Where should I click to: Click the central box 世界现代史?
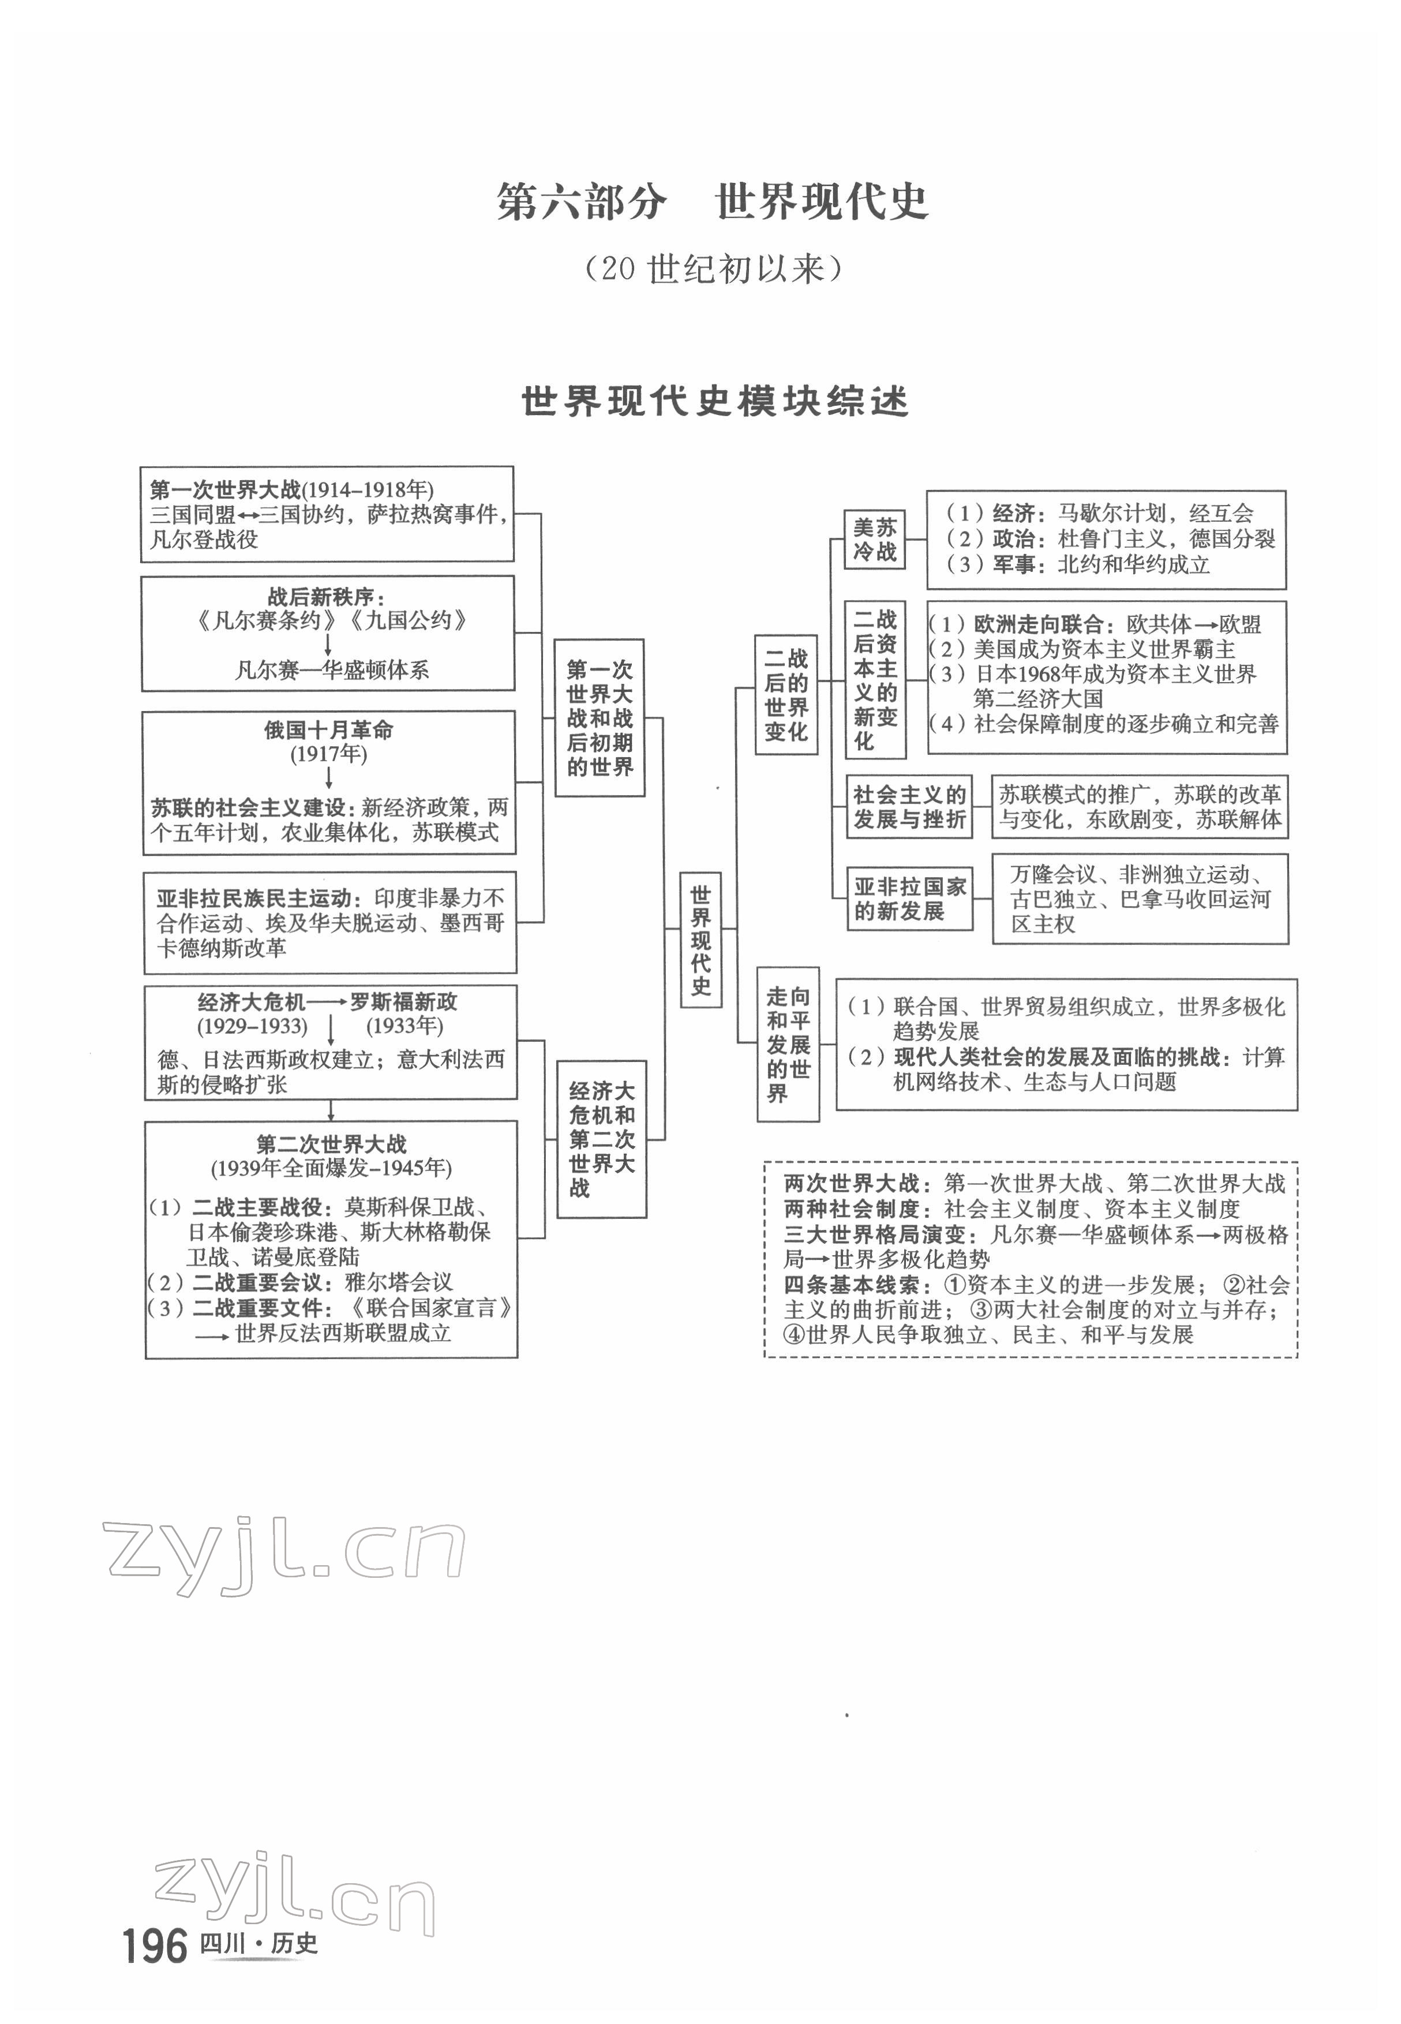[x=700, y=940]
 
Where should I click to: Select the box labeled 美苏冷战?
[x=874, y=539]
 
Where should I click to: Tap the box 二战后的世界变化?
[x=786, y=694]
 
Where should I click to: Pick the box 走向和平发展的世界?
[x=788, y=1044]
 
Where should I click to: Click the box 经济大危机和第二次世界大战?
[x=601, y=1139]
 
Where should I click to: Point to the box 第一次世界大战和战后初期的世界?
[x=600, y=717]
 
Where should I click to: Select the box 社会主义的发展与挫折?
[x=909, y=807]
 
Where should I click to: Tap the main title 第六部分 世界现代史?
[x=713, y=202]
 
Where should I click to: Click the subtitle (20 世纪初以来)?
[x=713, y=269]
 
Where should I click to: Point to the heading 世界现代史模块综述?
[x=714, y=401]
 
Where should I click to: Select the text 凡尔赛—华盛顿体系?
[x=332, y=670]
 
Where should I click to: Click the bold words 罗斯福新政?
[x=404, y=1002]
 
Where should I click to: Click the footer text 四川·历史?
[x=259, y=1944]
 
